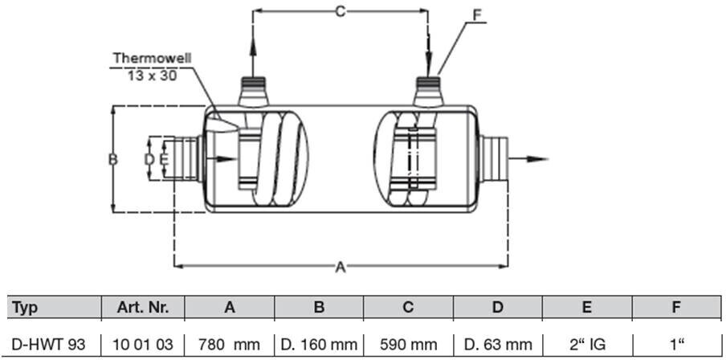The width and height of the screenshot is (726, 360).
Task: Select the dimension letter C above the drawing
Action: [340, 11]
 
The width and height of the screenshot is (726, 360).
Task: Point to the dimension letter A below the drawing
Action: [340, 268]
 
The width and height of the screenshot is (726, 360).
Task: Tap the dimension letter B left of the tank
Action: [113, 159]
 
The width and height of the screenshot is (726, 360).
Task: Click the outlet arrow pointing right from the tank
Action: [530, 157]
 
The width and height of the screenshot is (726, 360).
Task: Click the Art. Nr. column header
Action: [143, 307]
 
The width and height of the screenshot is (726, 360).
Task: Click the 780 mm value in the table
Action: [230, 345]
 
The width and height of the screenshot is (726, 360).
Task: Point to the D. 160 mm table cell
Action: [319, 345]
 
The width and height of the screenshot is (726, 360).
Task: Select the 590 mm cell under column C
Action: [408, 345]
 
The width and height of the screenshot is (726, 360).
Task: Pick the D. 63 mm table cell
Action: [498, 345]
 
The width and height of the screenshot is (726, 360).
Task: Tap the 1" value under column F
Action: [677, 345]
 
